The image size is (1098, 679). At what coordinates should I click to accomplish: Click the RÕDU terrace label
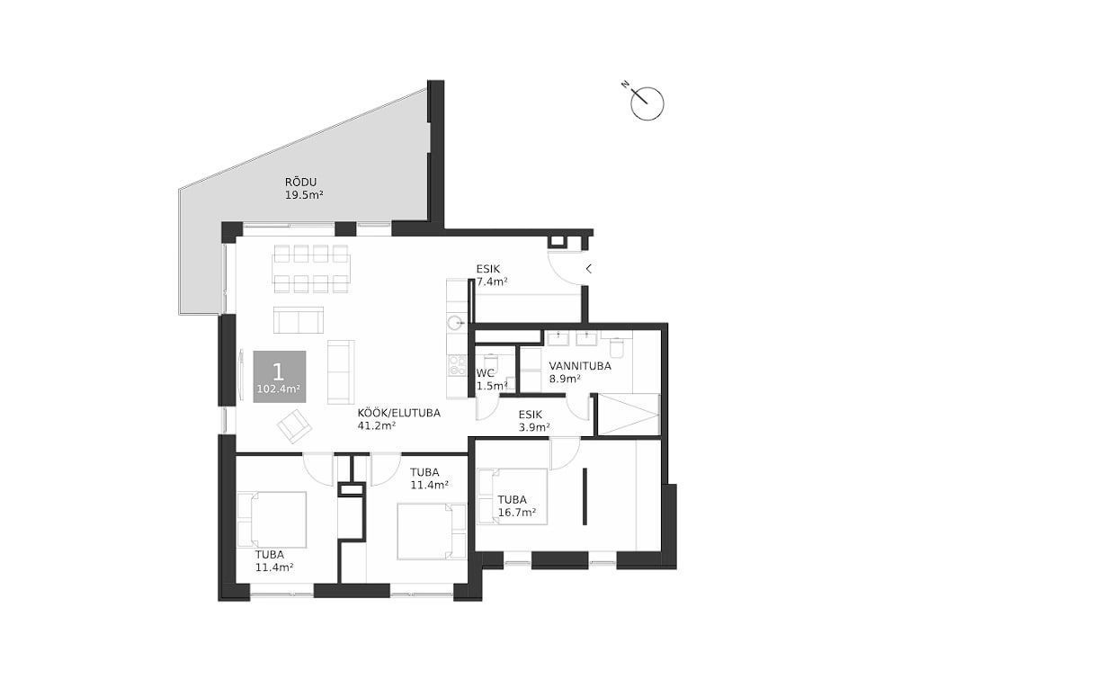[x=300, y=183]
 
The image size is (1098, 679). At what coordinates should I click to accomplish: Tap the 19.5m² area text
[x=304, y=195]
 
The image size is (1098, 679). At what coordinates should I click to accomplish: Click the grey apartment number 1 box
[x=280, y=377]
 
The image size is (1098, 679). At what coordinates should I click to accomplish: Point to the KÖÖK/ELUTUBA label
[x=399, y=414]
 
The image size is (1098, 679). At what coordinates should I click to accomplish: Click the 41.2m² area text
[x=377, y=426]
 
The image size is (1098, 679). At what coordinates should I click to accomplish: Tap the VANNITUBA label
[x=580, y=366]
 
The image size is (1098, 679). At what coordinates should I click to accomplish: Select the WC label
[x=486, y=373]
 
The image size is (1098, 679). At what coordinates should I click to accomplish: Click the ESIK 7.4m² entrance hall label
[x=492, y=275]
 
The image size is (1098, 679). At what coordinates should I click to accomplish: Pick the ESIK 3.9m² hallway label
[x=534, y=421]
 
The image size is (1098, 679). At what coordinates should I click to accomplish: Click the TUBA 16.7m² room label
[x=517, y=506]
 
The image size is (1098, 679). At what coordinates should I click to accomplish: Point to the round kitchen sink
[x=456, y=322]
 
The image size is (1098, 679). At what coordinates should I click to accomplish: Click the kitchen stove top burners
[x=458, y=365]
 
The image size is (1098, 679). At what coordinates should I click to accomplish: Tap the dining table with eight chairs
[x=311, y=269]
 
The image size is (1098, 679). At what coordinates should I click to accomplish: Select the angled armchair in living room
[x=294, y=426]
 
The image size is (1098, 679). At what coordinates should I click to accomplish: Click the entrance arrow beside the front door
[x=589, y=269]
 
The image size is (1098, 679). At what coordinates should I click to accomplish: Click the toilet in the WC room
[x=491, y=363]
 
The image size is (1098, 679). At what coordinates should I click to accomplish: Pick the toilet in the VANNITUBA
[x=616, y=347]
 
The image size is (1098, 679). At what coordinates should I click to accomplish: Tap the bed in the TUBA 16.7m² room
[x=513, y=496]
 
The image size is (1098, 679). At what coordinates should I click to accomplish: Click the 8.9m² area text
[x=565, y=379]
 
